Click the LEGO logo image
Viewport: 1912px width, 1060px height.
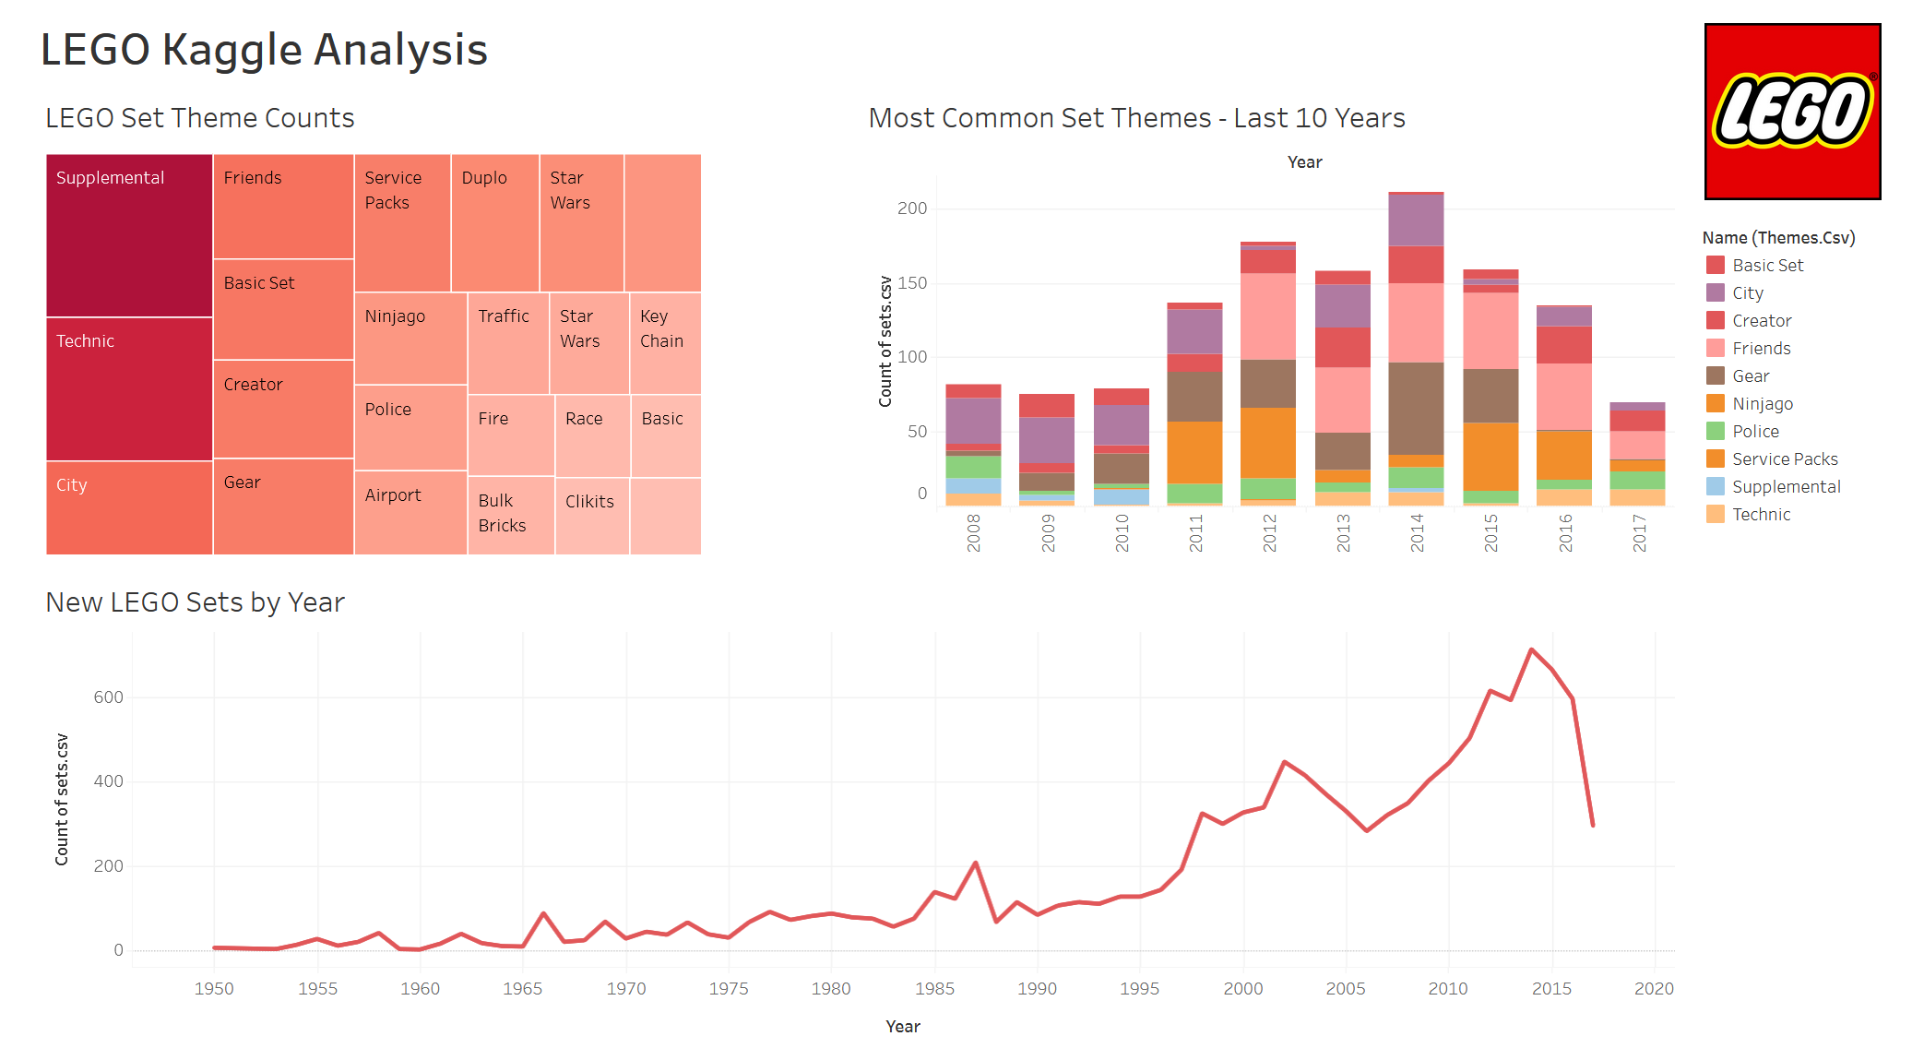[x=1791, y=112]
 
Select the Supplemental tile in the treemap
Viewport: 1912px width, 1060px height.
[x=129, y=235]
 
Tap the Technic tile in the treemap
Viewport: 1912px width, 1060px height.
[x=129, y=388]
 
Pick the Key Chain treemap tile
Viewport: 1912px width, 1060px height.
[x=665, y=342]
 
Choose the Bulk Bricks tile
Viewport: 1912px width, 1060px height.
[x=510, y=515]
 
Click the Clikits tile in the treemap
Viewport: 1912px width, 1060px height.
[x=591, y=515]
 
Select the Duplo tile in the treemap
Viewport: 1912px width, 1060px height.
[x=494, y=222]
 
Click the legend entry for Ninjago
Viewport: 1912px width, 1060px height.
[x=1762, y=403]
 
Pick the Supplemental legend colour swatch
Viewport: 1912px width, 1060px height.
[x=1715, y=486]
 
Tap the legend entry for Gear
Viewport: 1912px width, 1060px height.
[x=1750, y=375]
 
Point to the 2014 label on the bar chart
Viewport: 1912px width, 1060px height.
[x=1417, y=532]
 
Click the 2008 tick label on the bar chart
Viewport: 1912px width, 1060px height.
[x=973, y=532]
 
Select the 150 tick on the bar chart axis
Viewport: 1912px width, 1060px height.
[x=911, y=282]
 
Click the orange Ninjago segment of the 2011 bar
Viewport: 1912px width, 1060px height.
[x=1194, y=452]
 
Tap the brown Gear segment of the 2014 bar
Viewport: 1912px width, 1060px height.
[x=1416, y=408]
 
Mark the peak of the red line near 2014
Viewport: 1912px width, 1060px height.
[x=1531, y=649]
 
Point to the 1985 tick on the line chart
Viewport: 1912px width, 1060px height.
[x=934, y=988]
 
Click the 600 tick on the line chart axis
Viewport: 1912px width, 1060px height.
[x=108, y=697]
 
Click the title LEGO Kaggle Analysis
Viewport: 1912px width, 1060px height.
[x=264, y=50]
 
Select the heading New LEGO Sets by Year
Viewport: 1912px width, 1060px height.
[x=195, y=602]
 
